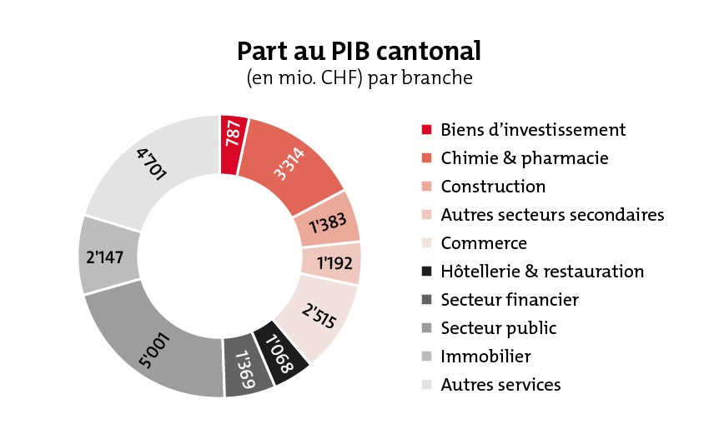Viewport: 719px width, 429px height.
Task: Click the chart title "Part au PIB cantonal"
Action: point(359,51)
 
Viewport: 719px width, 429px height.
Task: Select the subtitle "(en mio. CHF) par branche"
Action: point(359,77)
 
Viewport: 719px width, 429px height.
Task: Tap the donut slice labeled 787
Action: point(233,145)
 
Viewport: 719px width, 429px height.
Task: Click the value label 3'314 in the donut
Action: point(289,164)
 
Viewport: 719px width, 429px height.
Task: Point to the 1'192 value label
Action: point(334,263)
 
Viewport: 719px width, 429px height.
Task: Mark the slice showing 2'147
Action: point(108,255)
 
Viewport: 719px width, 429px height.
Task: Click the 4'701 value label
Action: point(152,164)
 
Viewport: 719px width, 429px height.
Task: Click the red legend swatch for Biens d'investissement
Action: point(426,130)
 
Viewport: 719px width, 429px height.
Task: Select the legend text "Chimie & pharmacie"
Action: point(525,158)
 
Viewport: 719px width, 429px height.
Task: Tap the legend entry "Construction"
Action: point(493,187)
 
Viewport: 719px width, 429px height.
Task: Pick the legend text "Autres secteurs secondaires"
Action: point(552,215)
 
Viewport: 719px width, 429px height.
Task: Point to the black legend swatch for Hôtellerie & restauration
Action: point(426,271)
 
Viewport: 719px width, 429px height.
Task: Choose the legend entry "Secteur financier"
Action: point(510,299)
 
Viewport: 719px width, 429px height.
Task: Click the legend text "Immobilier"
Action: point(485,357)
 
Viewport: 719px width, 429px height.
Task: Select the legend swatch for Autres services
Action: point(426,385)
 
